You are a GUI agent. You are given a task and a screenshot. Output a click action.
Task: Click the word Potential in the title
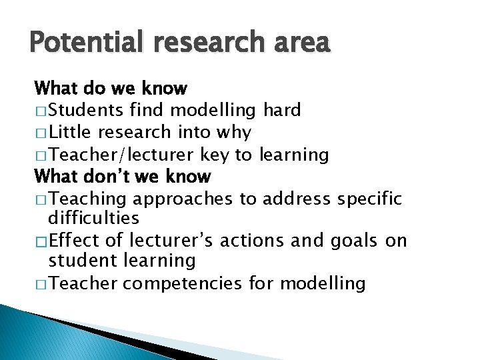[x=81, y=43]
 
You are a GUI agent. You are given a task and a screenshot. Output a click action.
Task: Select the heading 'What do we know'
[x=111, y=88]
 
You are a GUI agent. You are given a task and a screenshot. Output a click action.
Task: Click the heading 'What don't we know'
[x=123, y=177]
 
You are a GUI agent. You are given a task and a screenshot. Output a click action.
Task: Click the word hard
[x=282, y=110]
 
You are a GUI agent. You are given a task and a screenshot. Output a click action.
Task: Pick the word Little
[x=75, y=132]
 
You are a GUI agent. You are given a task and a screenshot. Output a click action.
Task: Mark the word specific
[x=369, y=199]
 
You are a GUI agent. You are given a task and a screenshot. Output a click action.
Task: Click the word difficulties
[x=94, y=218]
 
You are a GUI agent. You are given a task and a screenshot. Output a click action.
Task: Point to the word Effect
[x=74, y=241]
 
